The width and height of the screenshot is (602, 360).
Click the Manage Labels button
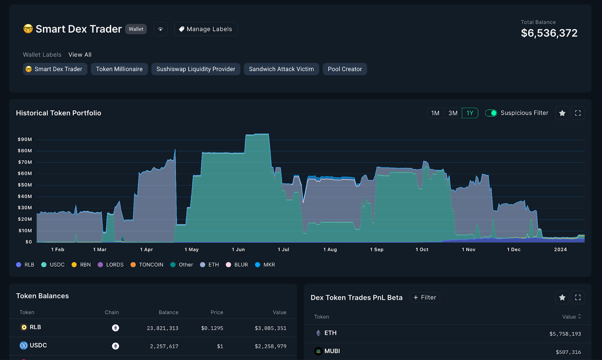[205, 29]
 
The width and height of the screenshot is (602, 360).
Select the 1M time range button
[435, 113]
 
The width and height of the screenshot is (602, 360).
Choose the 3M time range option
[453, 113]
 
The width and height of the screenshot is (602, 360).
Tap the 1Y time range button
[470, 113]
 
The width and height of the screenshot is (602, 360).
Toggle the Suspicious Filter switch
[491, 113]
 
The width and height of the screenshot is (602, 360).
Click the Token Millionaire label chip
[119, 69]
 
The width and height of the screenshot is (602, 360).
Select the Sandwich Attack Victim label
[281, 69]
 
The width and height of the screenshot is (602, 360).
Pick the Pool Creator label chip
[345, 69]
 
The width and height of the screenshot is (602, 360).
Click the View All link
[80, 55]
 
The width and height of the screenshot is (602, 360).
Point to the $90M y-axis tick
[25, 140]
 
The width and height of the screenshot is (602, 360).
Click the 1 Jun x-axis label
[238, 249]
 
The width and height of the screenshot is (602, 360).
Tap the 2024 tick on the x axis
[560, 249]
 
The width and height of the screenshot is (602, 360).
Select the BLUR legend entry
[237, 265]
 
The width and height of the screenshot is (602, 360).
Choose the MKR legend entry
[265, 265]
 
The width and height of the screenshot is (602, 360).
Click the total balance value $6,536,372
[549, 33]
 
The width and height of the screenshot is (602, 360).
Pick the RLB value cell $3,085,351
[271, 328]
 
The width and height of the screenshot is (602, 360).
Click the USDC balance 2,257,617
[164, 346]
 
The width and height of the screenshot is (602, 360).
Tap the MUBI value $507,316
[568, 352]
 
